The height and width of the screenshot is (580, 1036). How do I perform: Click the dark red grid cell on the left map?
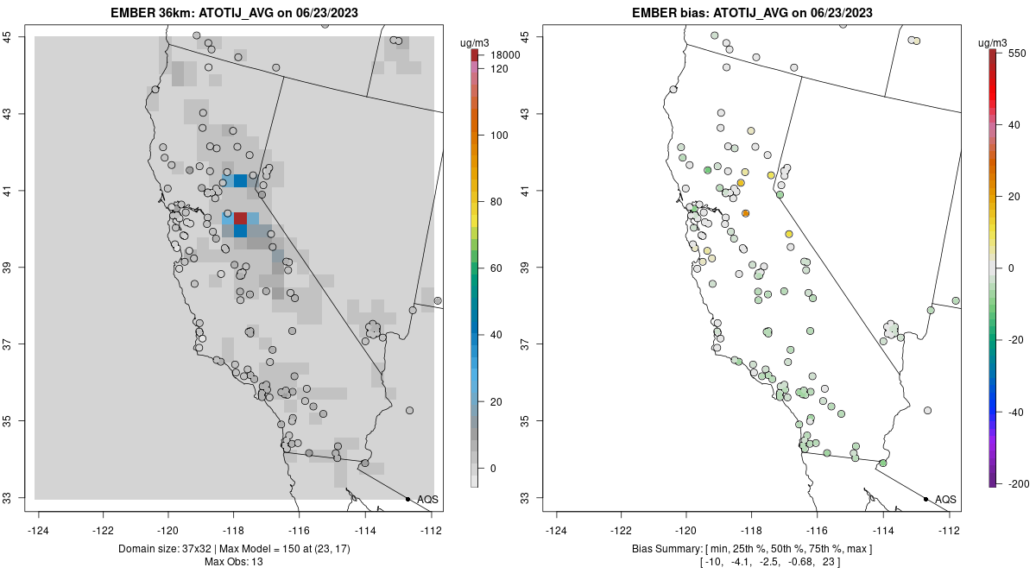click(240, 218)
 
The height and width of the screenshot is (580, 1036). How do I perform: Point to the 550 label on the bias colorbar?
click(1015, 53)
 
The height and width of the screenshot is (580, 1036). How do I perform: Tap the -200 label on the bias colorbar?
click(1017, 483)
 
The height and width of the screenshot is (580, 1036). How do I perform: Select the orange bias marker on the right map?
click(746, 213)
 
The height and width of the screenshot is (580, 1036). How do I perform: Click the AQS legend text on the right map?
click(946, 500)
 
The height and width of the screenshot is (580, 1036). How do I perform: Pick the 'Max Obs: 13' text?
click(234, 562)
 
